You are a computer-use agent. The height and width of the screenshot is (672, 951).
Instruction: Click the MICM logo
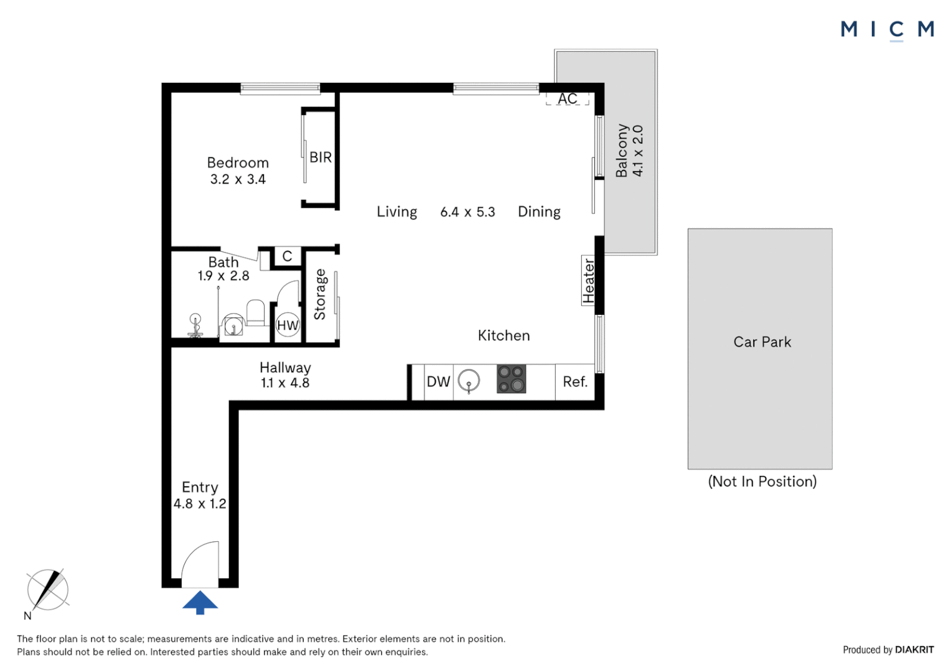point(888,30)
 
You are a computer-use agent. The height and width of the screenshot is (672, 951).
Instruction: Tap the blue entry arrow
point(200,602)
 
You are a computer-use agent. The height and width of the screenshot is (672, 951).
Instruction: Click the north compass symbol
point(47,590)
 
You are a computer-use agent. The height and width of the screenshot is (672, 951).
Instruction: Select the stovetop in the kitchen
point(511,379)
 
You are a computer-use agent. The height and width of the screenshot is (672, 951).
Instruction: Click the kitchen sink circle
point(469,380)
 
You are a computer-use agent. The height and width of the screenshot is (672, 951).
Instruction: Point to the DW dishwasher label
point(438,381)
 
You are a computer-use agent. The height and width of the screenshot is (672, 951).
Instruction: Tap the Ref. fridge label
point(575,381)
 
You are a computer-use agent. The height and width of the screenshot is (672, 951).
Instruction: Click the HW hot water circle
point(288,325)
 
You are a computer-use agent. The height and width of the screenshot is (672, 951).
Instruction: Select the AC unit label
point(567,98)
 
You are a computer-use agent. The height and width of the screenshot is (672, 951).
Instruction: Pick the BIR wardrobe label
point(321,157)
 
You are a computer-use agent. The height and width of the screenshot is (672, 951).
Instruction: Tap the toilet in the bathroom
point(256,312)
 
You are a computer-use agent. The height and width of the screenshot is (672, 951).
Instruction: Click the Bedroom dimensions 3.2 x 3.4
point(238,179)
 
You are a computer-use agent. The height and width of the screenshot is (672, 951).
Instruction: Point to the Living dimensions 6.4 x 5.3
point(467,212)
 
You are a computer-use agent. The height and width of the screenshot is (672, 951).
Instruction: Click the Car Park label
point(762,342)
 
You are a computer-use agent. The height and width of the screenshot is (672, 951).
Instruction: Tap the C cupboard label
point(287,256)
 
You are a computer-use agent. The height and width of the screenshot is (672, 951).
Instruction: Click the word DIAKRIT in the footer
point(914,650)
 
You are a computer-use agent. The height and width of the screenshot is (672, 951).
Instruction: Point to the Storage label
point(320,294)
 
